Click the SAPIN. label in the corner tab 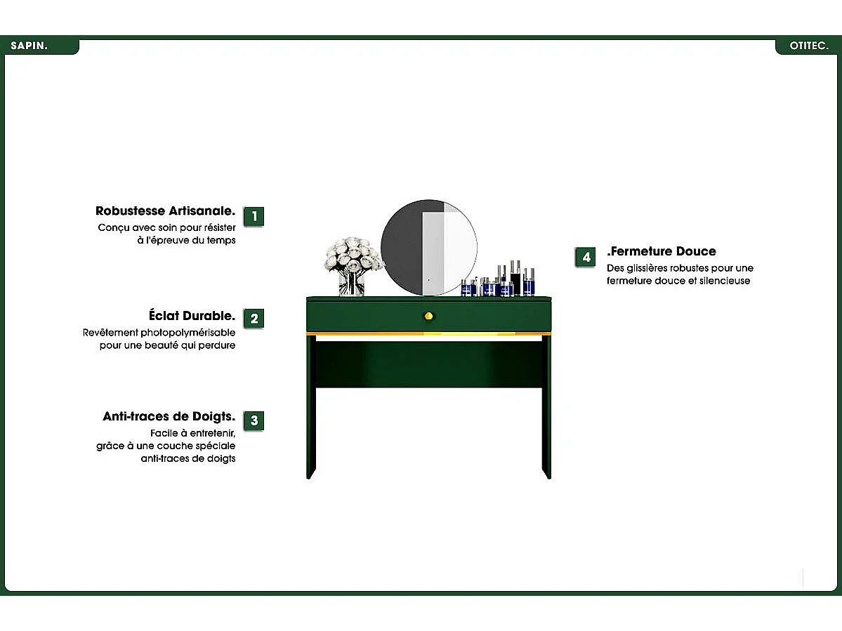(x=29, y=46)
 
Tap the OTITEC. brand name (x=809, y=46)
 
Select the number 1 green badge (x=254, y=216)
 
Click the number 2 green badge (x=254, y=318)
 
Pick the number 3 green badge (x=254, y=420)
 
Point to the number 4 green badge (x=585, y=258)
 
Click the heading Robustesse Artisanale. (x=166, y=211)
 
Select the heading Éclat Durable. (x=192, y=315)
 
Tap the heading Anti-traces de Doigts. (x=169, y=416)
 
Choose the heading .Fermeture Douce (x=662, y=251)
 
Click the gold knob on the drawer (x=428, y=316)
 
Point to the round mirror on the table (x=429, y=247)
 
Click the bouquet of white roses (x=353, y=255)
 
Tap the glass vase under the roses (x=352, y=284)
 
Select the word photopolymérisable (x=188, y=333)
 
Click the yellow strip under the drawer (x=428, y=333)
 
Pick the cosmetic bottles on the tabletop (x=498, y=279)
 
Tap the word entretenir (x=213, y=434)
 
